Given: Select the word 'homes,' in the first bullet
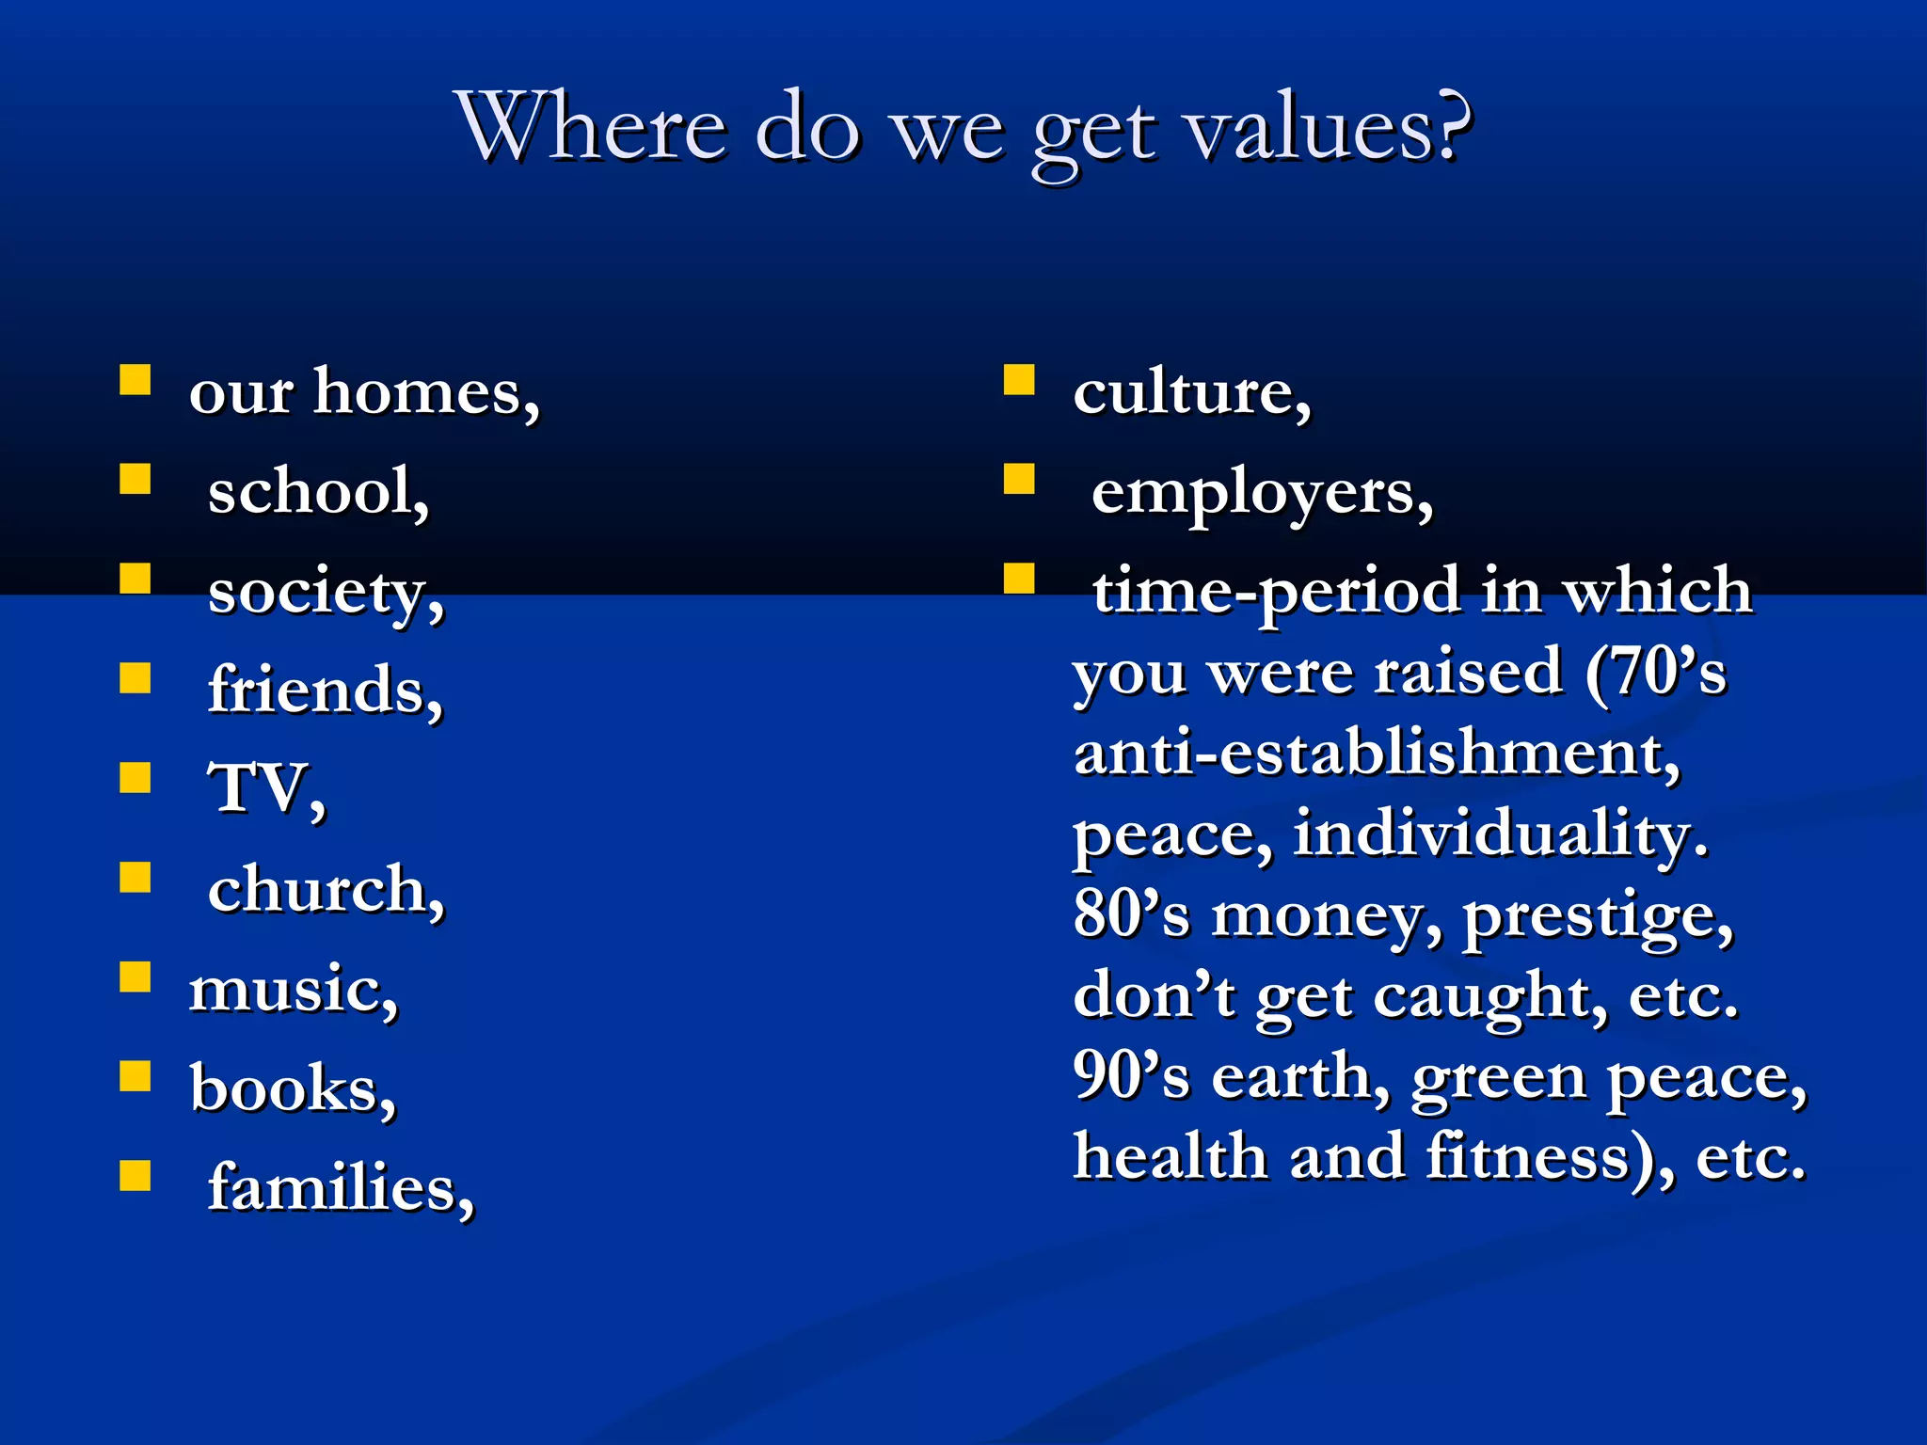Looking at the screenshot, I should pyautogui.click(x=426, y=391).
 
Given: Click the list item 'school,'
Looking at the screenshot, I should pyautogui.click(x=318, y=491).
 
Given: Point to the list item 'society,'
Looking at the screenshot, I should pyautogui.click(x=326, y=593).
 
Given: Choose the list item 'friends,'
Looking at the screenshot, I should pyautogui.click(x=325, y=691).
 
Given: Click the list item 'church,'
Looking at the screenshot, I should pyautogui.click(x=326, y=889).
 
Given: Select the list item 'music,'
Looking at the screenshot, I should pyautogui.click(x=294, y=990).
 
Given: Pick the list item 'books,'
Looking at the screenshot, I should pyautogui.click(x=293, y=1088).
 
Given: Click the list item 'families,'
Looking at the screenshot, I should pyautogui.click(x=341, y=1188).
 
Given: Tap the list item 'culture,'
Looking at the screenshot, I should pyautogui.click(x=1191, y=391).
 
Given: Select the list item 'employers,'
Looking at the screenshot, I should pyautogui.click(x=1262, y=493).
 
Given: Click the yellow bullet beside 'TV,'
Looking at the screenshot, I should pyautogui.click(x=135, y=778).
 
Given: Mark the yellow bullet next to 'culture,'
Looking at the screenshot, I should pyautogui.click(x=1019, y=380).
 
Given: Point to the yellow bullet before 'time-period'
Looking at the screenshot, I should pyautogui.click(x=1019, y=579).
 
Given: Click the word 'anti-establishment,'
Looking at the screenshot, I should pyautogui.click(x=1377, y=754).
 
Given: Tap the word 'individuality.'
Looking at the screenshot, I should pyautogui.click(x=1501, y=834).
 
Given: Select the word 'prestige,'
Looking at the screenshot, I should pyautogui.click(x=1598, y=916).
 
